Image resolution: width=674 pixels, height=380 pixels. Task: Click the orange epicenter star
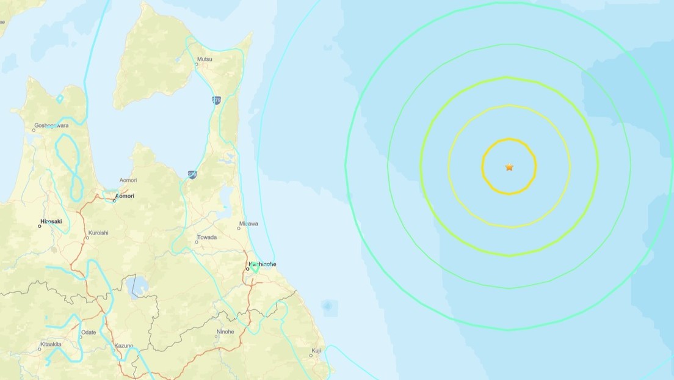pyautogui.click(x=509, y=167)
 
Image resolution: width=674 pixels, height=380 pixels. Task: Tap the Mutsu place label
pyautogui.click(x=205, y=59)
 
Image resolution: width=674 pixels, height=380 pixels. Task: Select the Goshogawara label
pyautogui.click(x=51, y=125)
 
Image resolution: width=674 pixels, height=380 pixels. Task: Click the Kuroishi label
pyautogui.click(x=98, y=233)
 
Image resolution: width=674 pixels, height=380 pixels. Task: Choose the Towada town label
pyautogui.click(x=206, y=237)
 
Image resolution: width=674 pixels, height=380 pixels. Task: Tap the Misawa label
pyautogui.click(x=248, y=224)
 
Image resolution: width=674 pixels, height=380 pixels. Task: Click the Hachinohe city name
pyautogui.click(x=263, y=264)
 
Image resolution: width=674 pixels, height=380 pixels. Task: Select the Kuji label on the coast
pyautogui.click(x=316, y=351)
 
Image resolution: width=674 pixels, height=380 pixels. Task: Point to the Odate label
pyautogui.click(x=89, y=332)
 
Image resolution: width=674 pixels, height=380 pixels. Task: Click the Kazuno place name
pyautogui.click(x=123, y=346)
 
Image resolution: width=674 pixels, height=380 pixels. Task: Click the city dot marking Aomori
pyautogui.click(x=114, y=200)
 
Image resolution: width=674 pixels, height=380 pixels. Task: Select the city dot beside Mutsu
pyautogui.click(x=197, y=64)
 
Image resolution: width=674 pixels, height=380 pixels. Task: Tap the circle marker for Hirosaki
pyautogui.click(x=40, y=226)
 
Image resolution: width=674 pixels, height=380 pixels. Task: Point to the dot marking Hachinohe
pyautogui.click(x=248, y=269)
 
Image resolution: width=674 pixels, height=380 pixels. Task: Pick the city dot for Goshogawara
pyautogui.click(x=34, y=130)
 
